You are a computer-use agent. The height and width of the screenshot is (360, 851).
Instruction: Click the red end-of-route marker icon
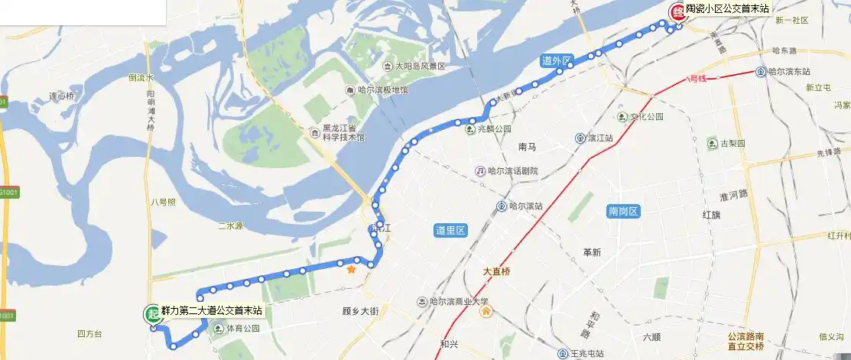676,12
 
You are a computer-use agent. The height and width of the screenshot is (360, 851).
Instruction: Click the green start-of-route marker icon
151,313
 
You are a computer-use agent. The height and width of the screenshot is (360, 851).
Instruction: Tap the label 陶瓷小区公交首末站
726,8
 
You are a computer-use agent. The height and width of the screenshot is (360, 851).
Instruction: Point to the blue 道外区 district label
555,61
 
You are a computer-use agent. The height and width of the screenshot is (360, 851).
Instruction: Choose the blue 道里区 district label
450,231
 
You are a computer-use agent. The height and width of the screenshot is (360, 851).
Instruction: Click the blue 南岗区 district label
622,212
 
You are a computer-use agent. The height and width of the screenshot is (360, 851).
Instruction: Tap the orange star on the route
351,269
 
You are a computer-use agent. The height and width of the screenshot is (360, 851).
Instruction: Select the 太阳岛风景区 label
420,66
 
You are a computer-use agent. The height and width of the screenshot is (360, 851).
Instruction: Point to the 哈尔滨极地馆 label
382,90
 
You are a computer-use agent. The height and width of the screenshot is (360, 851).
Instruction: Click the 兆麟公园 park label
493,129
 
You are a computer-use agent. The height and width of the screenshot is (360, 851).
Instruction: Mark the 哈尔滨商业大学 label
459,302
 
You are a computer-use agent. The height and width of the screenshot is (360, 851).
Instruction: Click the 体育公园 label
242,329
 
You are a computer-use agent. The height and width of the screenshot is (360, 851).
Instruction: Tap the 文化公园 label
646,117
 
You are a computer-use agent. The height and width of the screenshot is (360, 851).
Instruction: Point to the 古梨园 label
732,143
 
